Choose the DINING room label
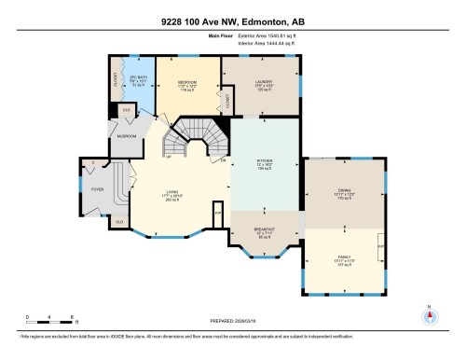click(x=344, y=193)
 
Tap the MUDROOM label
click(x=126, y=136)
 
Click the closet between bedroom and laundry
click(x=227, y=104)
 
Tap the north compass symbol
click(x=427, y=315)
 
